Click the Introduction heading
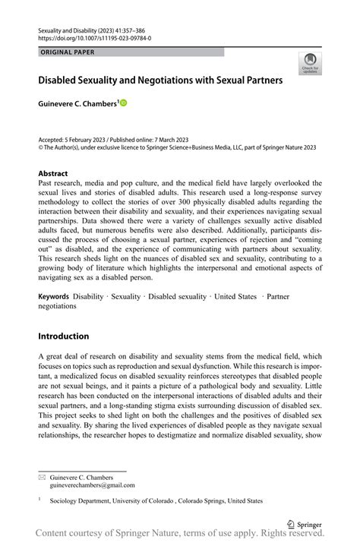click(x=63, y=336)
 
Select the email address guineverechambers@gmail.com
click(x=92, y=484)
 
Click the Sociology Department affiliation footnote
click(x=156, y=501)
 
